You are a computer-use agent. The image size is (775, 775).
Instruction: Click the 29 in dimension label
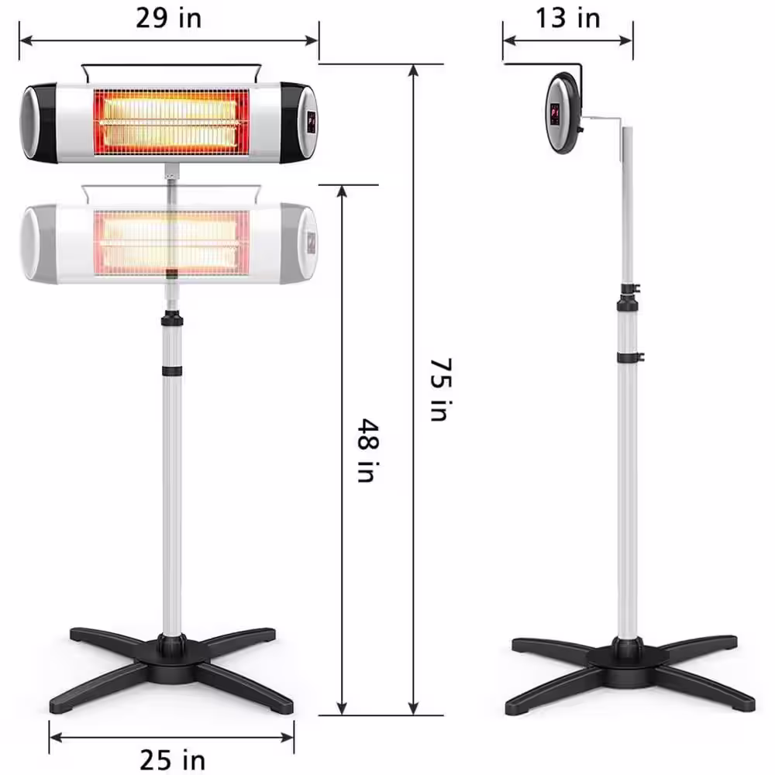[168, 19]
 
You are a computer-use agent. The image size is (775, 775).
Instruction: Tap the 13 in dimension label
[568, 19]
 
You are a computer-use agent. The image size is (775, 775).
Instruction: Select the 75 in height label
[440, 390]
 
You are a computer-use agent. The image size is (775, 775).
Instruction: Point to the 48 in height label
[368, 450]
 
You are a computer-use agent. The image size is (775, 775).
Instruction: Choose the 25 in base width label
[173, 759]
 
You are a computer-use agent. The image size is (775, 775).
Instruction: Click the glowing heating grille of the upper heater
[171, 122]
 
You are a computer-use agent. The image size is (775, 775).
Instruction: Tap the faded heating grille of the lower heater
[171, 243]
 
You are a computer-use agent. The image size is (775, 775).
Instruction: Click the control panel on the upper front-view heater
[311, 122]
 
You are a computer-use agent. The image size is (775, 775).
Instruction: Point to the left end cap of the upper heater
[38, 122]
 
